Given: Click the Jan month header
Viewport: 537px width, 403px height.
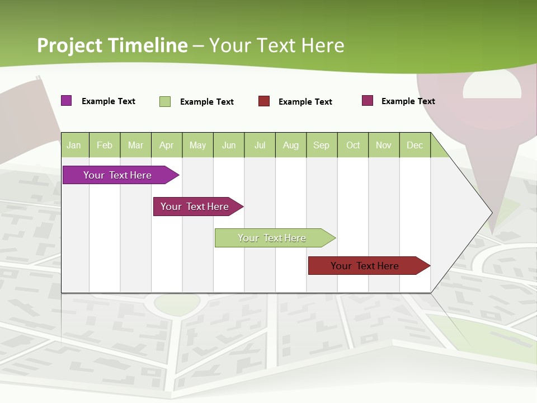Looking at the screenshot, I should (x=74, y=145).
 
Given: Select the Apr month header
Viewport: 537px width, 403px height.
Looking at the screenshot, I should (x=167, y=145).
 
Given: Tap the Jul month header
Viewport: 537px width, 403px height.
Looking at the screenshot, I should (x=260, y=145).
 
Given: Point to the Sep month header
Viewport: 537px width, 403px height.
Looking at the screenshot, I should (x=321, y=145).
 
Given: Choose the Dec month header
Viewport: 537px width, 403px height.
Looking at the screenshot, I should (x=414, y=145).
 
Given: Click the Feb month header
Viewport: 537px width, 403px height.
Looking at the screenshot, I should (x=105, y=145).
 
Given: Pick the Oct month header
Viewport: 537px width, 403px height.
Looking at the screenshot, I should (x=353, y=145).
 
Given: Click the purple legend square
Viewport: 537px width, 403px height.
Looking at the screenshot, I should (x=67, y=101).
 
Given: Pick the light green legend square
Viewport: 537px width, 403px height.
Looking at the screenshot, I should (x=165, y=101).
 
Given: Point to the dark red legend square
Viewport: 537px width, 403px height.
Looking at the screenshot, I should (x=264, y=101).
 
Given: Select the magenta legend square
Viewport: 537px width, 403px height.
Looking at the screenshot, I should (x=368, y=101).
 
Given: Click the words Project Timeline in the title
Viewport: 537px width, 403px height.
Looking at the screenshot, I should (x=112, y=45).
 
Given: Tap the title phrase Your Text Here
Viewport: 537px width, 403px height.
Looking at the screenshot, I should (x=276, y=45).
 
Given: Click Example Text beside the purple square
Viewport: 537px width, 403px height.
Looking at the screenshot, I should (x=109, y=101).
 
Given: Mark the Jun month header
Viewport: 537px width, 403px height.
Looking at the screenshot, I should (x=229, y=145).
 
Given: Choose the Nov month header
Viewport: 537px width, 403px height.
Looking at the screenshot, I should (x=384, y=145).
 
